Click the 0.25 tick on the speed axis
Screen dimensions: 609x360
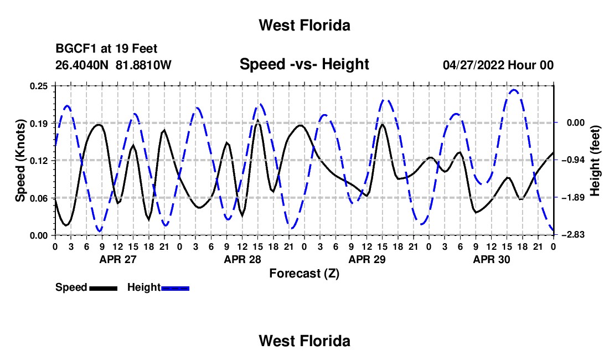pos(39,86)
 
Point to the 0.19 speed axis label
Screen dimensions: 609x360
pos(39,124)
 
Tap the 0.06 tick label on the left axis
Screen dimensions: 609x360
pos(39,198)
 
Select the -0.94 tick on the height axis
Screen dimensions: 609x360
pos(575,161)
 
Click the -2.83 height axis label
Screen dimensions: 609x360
pos(575,235)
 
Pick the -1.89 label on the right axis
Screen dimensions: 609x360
pos(575,198)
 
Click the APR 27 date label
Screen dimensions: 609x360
pos(118,259)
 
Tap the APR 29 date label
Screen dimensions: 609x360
pos(367,259)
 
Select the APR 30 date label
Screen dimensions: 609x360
pos(491,259)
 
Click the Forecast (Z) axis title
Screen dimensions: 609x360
pos(304,274)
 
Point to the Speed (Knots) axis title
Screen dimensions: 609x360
pos(20,161)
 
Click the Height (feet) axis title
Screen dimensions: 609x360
pos(595,161)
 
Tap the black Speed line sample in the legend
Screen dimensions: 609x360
pos(104,289)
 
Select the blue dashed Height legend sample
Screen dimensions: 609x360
pos(175,289)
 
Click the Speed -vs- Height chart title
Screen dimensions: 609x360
pos(304,64)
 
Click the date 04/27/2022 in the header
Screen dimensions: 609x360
pos(473,65)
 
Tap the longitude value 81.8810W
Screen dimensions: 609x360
pos(143,65)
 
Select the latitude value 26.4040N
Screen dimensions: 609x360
pos(82,65)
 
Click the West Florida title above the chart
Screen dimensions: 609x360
pos(304,25)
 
